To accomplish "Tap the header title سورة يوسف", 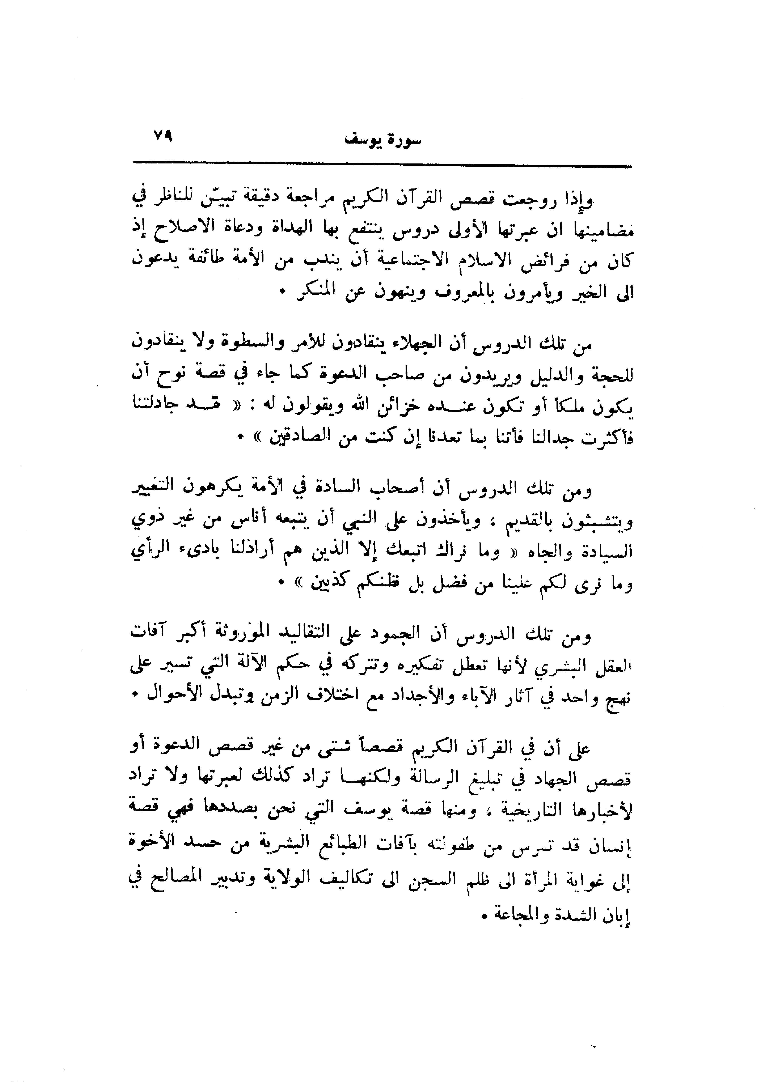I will click(x=383, y=141).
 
